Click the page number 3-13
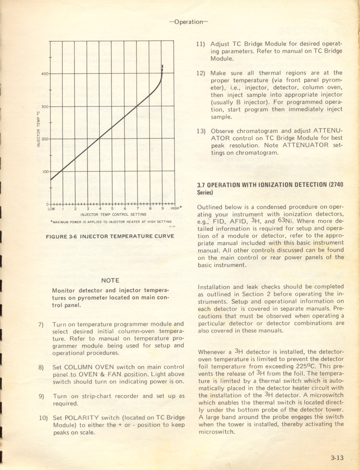336,458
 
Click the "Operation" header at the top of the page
188,21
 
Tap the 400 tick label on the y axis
45,73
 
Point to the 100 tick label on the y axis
45,171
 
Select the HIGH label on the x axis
175,208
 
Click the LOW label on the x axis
51,209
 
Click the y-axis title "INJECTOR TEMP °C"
39,129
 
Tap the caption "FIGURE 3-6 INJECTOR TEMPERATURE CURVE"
110,236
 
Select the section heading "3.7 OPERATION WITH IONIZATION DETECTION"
262,185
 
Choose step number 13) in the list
201,131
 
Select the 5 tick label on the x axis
112,209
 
